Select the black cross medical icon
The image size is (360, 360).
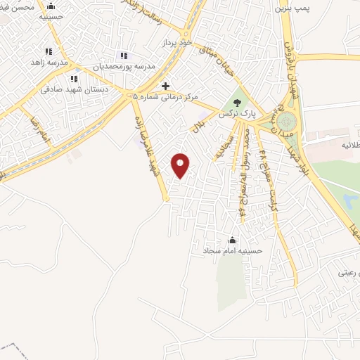click(x=166, y=86)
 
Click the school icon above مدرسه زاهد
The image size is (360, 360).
click(x=49, y=51)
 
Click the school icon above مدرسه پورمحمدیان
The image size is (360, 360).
click(x=124, y=56)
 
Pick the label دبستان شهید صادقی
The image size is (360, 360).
click(x=69, y=89)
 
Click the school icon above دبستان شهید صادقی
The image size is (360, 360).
click(x=74, y=79)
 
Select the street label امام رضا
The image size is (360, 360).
click(x=35, y=127)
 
